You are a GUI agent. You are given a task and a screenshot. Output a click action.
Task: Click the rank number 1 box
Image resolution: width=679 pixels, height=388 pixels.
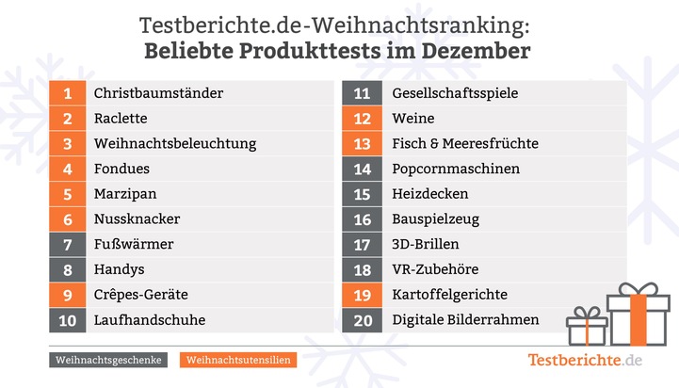[x=68, y=93]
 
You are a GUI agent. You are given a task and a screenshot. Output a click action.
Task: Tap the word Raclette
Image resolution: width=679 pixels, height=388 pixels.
[x=121, y=119]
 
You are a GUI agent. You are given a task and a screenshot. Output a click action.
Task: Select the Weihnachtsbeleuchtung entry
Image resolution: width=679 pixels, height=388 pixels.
[x=175, y=144]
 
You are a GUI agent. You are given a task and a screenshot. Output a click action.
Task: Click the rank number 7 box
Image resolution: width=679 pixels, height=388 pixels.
[x=68, y=245]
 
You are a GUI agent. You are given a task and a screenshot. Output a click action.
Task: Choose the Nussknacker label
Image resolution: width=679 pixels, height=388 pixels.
[x=137, y=219]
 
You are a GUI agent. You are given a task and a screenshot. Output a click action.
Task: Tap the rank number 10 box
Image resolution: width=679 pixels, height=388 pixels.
[x=68, y=320]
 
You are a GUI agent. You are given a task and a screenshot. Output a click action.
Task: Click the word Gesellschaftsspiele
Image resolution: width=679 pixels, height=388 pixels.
[x=455, y=93]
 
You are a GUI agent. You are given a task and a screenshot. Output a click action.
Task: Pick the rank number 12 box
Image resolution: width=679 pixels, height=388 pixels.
[x=363, y=119]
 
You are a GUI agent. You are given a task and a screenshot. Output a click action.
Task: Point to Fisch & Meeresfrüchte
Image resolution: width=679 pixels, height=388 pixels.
[x=465, y=144]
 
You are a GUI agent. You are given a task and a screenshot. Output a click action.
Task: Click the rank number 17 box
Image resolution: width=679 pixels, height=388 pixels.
[x=363, y=245]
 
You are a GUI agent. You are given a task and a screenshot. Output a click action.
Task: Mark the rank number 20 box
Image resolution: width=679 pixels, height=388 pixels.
[x=363, y=320]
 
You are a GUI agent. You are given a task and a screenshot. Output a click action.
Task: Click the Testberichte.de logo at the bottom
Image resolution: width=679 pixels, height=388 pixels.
[x=585, y=360]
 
